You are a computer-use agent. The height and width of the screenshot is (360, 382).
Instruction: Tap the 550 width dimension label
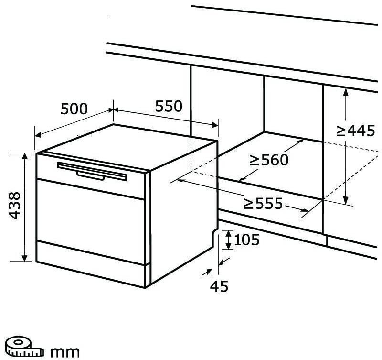pyautogui.click(x=168, y=106)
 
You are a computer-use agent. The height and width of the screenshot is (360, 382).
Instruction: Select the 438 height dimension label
pyautogui.click(x=15, y=206)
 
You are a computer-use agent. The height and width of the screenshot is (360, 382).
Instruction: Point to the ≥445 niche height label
pyautogui.click(x=356, y=130)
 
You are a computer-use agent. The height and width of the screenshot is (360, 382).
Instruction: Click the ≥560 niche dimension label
pyautogui.click(x=269, y=160)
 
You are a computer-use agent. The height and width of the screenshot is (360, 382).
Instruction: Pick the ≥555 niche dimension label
pyautogui.click(x=263, y=204)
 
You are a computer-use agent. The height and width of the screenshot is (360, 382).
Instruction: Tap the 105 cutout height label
pyautogui.click(x=247, y=240)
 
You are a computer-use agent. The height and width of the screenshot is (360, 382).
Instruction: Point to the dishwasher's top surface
pyautogui.click(x=129, y=143)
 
